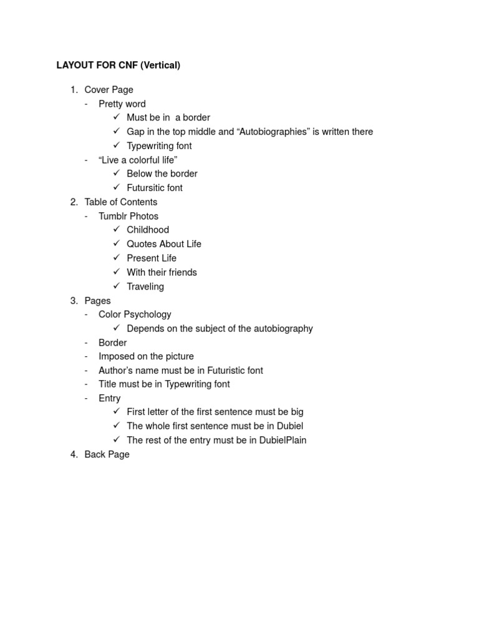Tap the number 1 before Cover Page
pyautogui.click(x=74, y=90)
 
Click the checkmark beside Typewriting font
pyautogui.click(x=117, y=145)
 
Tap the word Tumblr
pyautogui.click(x=113, y=216)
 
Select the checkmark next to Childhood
pyautogui.click(x=117, y=230)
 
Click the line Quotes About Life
pyautogui.click(x=164, y=244)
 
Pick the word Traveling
pyautogui.click(x=145, y=286)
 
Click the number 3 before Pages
pyautogui.click(x=74, y=301)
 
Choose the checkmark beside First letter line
pyautogui.click(x=117, y=412)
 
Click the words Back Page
pyautogui.click(x=107, y=454)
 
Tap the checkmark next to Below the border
pyautogui.click(x=117, y=173)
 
